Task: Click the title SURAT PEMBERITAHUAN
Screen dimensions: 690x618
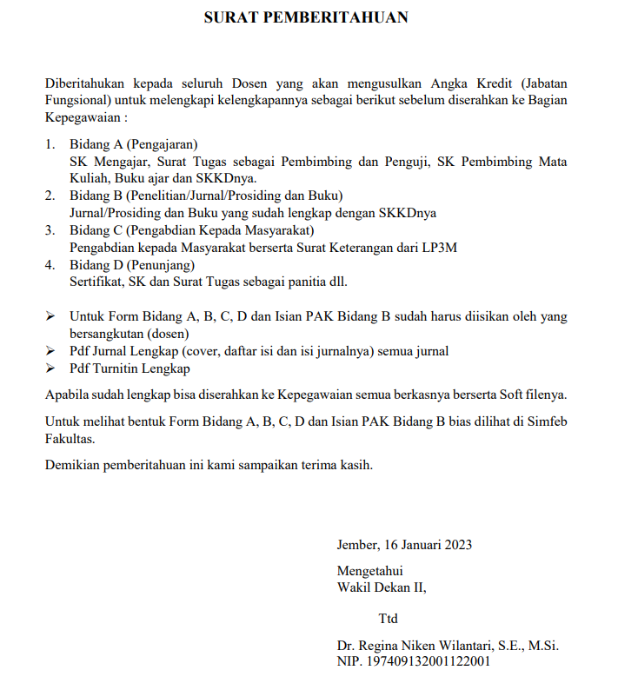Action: pyautogui.click(x=305, y=17)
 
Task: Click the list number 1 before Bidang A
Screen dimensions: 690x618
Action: pyautogui.click(x=50, y=143)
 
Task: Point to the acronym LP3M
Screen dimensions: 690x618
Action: pyautogui.click(x=438, y=247)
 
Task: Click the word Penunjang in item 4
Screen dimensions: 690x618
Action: pyautogui.click(x=163, y=264)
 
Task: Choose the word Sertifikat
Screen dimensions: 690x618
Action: pyautogui.click(x=96, y=282)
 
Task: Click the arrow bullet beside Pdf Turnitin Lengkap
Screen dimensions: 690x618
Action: pyautogui.click(x=50, y=368)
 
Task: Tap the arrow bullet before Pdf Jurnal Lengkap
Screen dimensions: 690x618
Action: pyautogui.click(x=50, y=351)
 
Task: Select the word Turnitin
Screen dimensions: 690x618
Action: pyautogui.click(x=114, y=368)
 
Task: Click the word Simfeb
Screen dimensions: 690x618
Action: pyautogui.click(x=544, y=421)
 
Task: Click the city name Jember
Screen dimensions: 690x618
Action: pyautogui.click(x=356, y=545)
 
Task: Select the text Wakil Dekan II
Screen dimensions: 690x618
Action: pyautogui.click(x=382, y=587)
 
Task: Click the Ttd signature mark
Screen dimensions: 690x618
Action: pyautogui.click(x=388, y=620)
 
